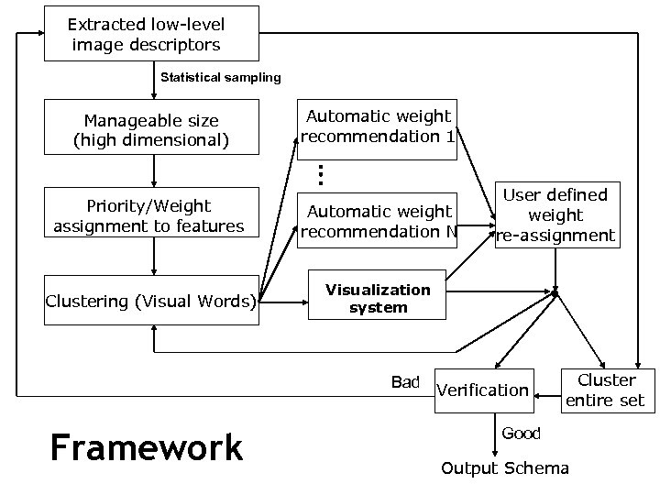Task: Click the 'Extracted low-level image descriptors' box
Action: (152, 34)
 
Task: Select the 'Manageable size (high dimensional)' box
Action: (152, 130)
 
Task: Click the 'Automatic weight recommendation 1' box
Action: (377, 128)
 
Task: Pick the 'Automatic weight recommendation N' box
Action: (377, 221)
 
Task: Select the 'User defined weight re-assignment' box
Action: (555, 215)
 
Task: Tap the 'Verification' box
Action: (483, 390)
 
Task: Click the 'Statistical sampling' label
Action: (221, 77)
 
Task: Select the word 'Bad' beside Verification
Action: (405, 382)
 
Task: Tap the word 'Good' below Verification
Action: (521, 433)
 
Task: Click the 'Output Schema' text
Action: (505, 468)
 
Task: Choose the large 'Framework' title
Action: (147, 448)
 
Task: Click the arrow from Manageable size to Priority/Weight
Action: (153, 170)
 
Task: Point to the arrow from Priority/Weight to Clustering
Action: (153, 258)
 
